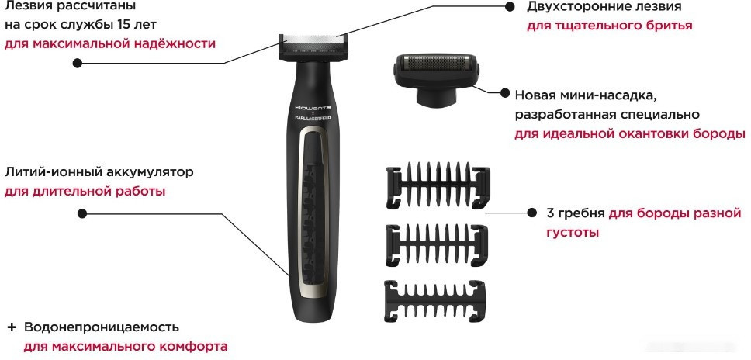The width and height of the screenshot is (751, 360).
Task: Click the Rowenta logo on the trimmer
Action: [313, 105]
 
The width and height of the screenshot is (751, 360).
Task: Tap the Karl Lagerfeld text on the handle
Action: [313, 117]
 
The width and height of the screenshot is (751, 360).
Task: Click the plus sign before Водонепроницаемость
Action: [12, 327]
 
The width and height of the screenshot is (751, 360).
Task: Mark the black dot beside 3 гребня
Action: [531, 212]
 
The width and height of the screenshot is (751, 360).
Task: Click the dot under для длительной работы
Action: [84, 213]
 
